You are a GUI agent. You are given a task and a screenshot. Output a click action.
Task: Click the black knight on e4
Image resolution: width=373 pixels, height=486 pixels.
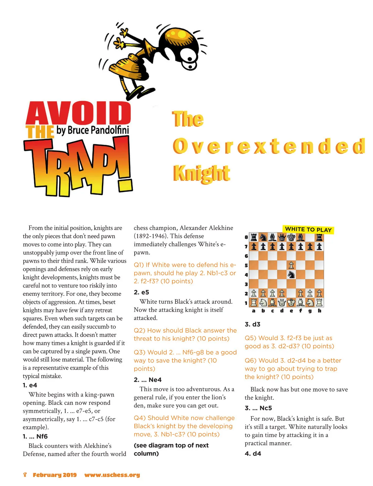291,275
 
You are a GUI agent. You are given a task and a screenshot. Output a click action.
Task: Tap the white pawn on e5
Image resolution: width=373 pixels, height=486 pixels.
291,265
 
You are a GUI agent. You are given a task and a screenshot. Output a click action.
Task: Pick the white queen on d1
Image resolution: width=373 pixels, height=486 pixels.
282,302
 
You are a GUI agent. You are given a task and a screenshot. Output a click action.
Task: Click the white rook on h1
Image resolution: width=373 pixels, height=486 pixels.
319,302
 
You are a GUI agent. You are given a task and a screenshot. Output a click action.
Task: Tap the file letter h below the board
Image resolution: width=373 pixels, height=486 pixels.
319,311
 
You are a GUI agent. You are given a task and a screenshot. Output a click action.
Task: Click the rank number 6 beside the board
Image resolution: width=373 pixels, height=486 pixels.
246,256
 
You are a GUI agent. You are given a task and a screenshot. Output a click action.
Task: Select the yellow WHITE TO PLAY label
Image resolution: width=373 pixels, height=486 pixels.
308,230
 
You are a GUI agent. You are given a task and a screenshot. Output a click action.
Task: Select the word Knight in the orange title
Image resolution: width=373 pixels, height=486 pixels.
201,173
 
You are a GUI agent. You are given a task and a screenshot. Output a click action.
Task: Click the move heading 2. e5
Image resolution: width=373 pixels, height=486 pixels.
141,292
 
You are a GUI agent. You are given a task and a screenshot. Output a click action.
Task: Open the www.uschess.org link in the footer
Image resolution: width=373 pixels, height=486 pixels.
112,475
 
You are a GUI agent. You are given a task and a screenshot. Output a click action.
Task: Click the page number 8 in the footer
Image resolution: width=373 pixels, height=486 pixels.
25,475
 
